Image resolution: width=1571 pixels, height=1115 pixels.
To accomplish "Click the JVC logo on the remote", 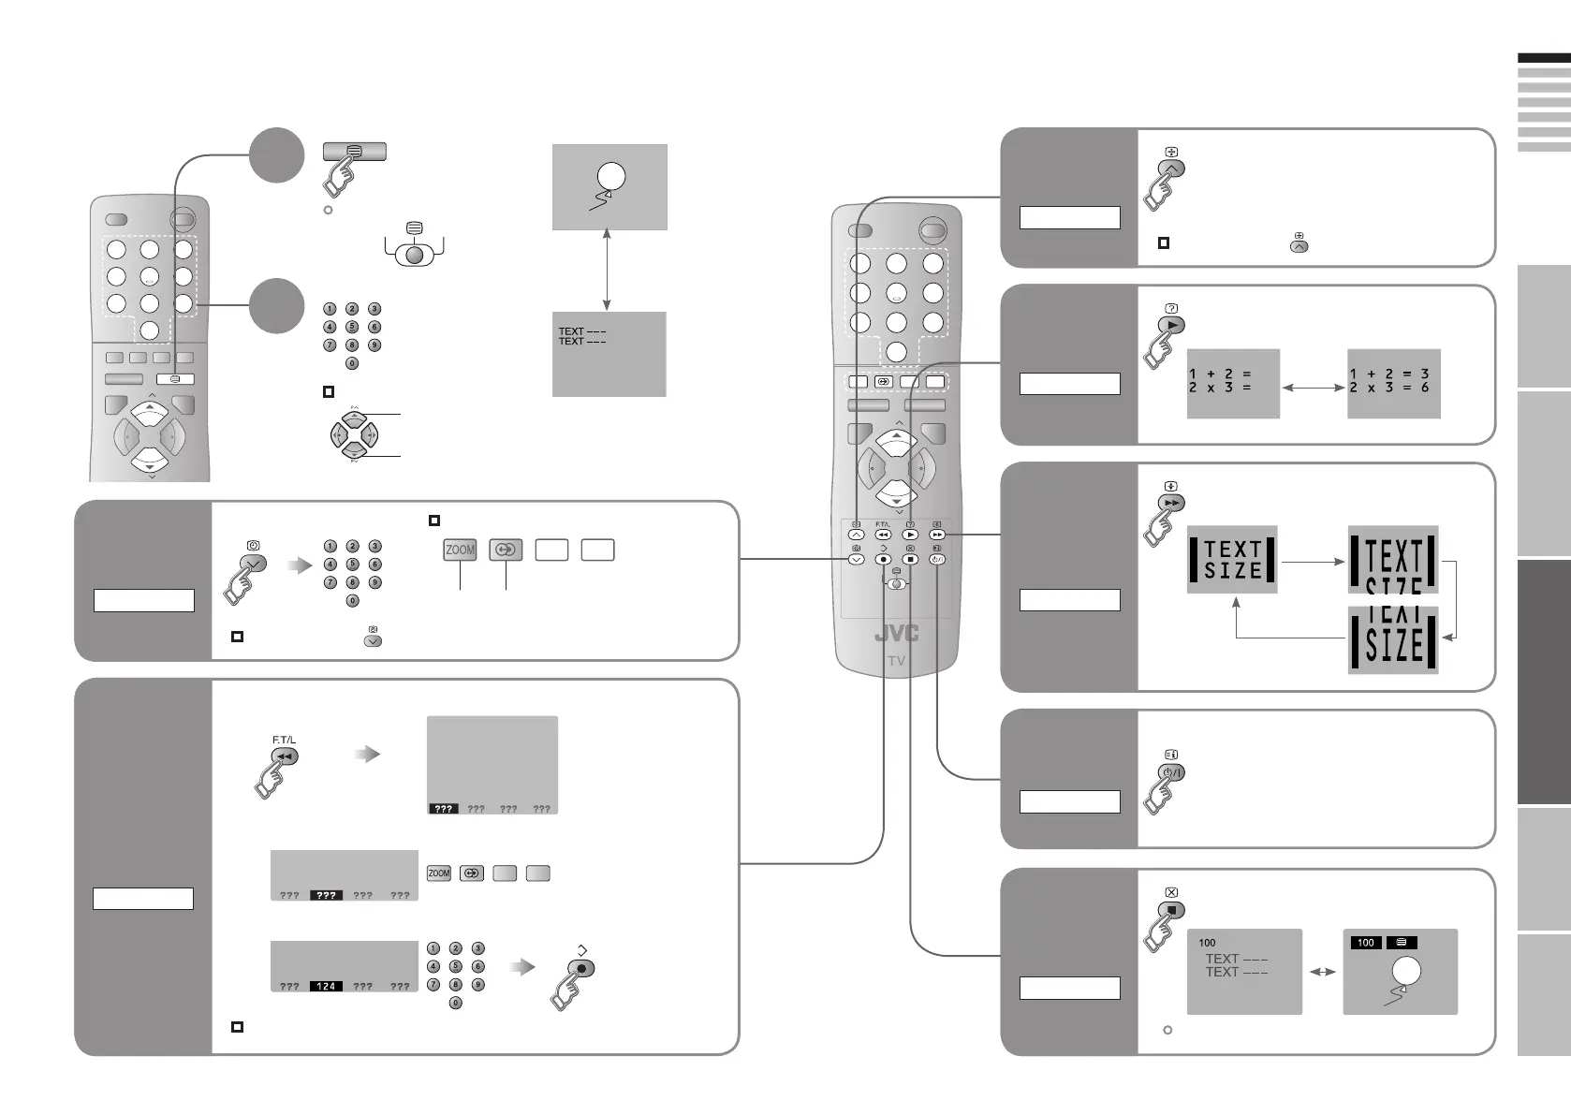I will pyautogui.click(x=896, y=634).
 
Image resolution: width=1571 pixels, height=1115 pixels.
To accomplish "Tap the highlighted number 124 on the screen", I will pyautogui.click(x=326, y=986).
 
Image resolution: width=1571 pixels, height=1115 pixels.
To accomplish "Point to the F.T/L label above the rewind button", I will pyautogui.click(x=284, y=741).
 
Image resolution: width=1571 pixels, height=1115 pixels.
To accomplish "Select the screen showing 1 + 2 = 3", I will pyautogui.click(x=1392, y=384).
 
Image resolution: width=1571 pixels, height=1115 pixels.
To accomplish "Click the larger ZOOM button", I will pyautogui.click(x=460, y=550).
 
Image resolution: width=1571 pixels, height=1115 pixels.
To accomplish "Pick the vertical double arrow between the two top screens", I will pyautogui.click(x=608, y=270).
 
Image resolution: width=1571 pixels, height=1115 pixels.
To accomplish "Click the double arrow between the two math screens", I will pyautogui.click(x=1313, y=387).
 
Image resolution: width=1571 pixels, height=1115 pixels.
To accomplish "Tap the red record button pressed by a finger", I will pyautogui.click(x=581, y=969).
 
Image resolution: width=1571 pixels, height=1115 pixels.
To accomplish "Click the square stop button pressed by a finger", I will pyautogui.click(x=1171, y=910).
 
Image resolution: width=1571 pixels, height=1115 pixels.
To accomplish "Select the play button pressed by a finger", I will pyautogui.click(x=1171, y=325).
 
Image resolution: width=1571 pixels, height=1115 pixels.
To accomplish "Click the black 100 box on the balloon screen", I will pyautogui.click(x=1365, y=943).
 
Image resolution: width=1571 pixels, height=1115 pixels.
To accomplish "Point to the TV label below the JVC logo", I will pyautogui.click(x=896, y=661).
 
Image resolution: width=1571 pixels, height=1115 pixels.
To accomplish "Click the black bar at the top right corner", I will pyautogui.click(x=1543, y=58).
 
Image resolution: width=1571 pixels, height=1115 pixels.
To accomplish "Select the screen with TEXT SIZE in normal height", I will pyautogui.click(x=1232, y=560).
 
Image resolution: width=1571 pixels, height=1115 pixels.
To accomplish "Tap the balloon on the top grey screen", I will pyautogui.click(x=610, y=176).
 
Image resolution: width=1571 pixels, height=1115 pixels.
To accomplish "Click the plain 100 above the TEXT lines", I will pyautogui.click(x=1207, y=943).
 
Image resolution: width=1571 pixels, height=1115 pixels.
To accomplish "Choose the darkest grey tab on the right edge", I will pyautogui.click(x=1543, y=682).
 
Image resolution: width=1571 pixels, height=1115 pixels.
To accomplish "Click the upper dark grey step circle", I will pyautogui.click(x=277, y=155).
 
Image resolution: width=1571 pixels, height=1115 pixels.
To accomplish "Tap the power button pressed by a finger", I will pyautogui.click(x=1171, y=772).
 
